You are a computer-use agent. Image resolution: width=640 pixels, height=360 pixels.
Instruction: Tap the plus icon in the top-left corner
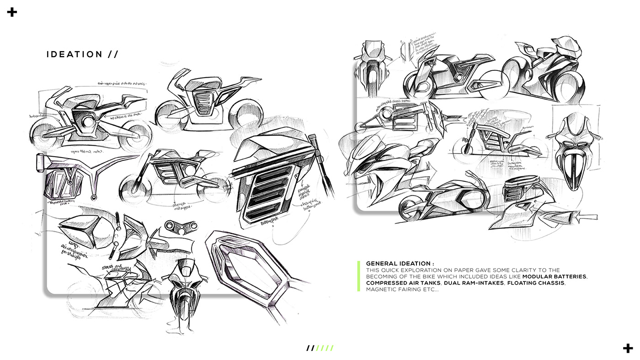tap(12, 12)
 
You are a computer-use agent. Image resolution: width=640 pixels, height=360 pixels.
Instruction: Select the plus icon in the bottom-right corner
tap(628, 348)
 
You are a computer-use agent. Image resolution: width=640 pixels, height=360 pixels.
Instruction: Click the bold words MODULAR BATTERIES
tap(555, 277)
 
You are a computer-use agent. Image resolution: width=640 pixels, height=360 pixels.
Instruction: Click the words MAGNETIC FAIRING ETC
tap(402, 290)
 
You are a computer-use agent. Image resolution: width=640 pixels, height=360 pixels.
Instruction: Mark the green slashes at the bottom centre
tap(325, 348)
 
